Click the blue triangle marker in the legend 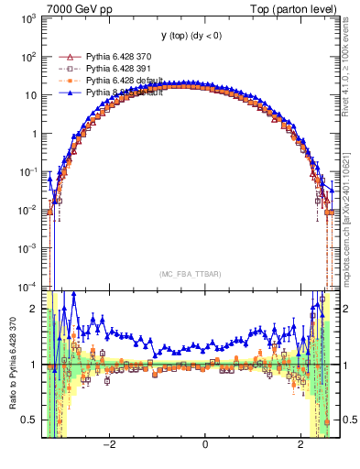pos(65,93)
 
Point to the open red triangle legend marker pos(65,57)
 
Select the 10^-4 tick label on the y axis pos(27,286)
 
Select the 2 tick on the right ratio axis pos(344,309)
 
